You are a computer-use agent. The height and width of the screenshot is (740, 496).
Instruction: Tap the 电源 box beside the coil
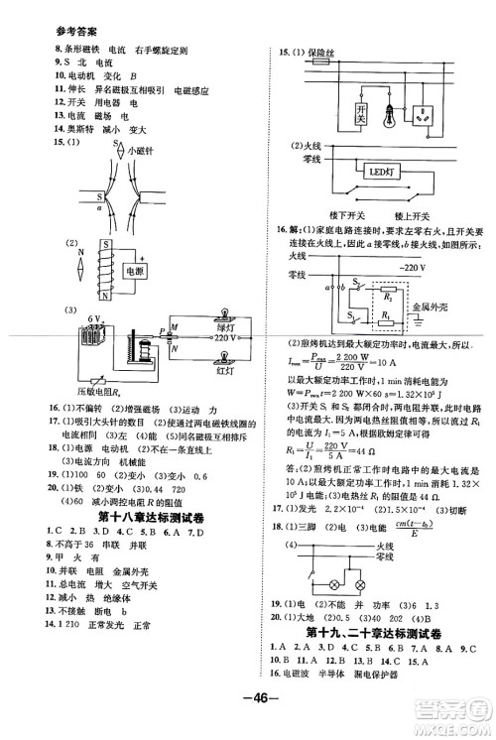click(133, 270)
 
